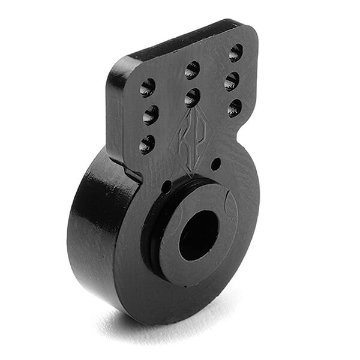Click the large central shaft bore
click(x=198, y=235)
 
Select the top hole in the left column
click(x=148, y=88)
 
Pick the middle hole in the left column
click(x=150, y=115)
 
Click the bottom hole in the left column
click(x=147, y=144)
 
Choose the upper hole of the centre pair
click(x=192, y=70)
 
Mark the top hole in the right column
click(x=236, y=53)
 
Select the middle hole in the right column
click(x=232, y=81)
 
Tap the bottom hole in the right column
click(x=235, y=108)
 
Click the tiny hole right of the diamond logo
click(x=216, y=163)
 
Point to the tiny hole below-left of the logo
click(x=166, y=187)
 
